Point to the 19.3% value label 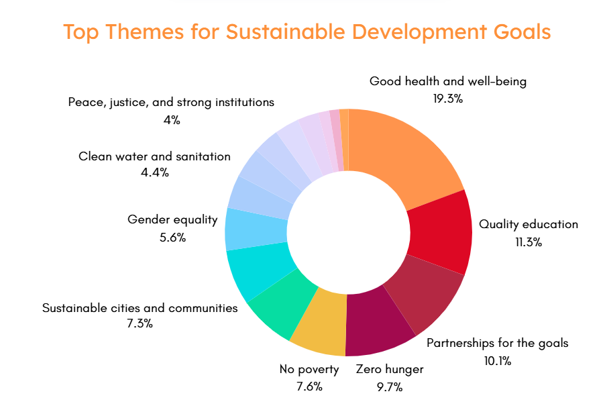[448, 99]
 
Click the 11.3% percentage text [529, 242]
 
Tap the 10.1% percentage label [498, 360]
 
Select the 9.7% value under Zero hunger [390, 387]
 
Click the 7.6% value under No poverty [309, 386]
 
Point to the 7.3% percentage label [140, 323]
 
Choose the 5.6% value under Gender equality [173, 237]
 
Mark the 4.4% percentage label [155, 172]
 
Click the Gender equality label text [172, 219]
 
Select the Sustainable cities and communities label [140, 308]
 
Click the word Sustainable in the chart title [286, 32]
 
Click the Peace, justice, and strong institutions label [171, 102]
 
